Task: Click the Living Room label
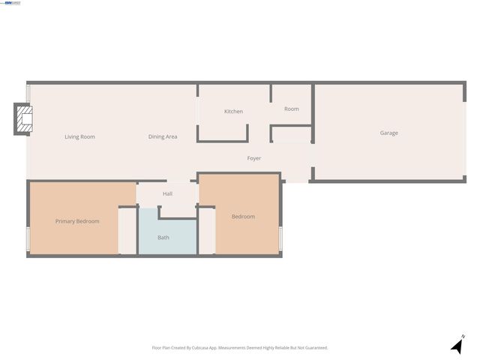coord(79,136)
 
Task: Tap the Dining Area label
coord(163,136)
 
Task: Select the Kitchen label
coord(233,112)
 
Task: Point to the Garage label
coord(388,133)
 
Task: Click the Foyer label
coord(254,158)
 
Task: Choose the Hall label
coord(167,193)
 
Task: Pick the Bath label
coord(163,238)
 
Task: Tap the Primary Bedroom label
coord(77,221)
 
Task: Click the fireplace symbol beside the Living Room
coord(24,120)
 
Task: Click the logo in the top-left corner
coord(13,3)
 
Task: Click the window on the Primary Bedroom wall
coord(28,238)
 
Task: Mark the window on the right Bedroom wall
coord(280,237)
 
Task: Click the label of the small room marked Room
coord(292,109)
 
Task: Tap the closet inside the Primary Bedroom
coord(127,231)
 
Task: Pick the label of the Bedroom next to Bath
coord(243,217)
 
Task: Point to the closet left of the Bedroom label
coord(206,231)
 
